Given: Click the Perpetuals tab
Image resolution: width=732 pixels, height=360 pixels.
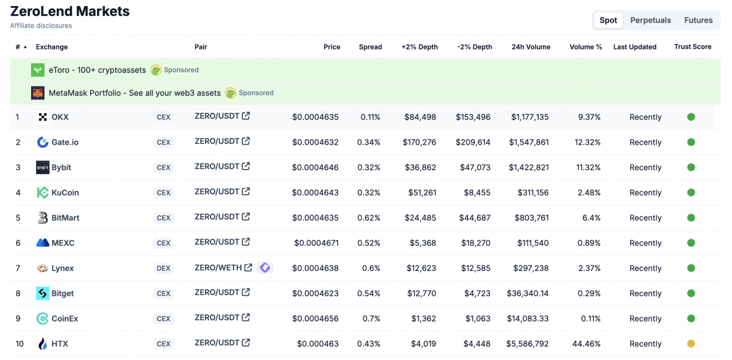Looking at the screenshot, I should pos(650,20).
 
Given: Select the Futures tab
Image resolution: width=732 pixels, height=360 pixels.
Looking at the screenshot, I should pos(698,20).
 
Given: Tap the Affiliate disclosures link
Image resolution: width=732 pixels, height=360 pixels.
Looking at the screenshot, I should pos(41,26).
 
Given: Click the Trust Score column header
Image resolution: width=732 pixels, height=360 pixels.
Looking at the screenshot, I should pos(692,47).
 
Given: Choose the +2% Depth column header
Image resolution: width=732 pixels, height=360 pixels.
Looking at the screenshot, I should pos(419,47).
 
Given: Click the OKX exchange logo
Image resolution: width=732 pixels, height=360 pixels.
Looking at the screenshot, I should pos(43,117).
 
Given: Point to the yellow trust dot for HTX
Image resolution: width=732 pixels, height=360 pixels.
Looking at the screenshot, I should pos(691,344).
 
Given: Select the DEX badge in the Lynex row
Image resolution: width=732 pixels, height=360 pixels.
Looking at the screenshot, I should pos(163,268).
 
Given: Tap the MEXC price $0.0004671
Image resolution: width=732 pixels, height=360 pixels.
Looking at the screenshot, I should pos(316,243).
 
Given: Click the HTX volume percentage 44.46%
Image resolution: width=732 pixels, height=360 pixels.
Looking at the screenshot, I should pos(586,344).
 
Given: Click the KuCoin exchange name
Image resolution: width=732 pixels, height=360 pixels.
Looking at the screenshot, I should pos(65,193).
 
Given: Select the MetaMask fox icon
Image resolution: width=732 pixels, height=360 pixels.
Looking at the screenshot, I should pos(38,93).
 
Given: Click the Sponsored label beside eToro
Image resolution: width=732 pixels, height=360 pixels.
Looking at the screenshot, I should pos(181,70).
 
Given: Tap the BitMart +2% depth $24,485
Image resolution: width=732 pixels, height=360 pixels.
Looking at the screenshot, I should pos(421,218).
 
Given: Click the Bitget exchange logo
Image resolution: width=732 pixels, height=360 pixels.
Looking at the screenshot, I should pos(43,293).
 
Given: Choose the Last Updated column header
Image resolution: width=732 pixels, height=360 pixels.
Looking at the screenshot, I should pos(634,47).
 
